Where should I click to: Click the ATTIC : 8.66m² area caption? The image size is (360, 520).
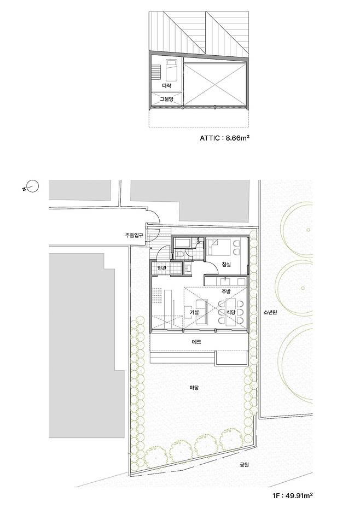click(224, 138)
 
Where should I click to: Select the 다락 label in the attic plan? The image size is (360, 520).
click(166, 86)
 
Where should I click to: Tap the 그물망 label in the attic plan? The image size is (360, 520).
click(166, 99)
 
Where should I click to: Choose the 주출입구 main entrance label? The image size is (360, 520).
click(134, 236)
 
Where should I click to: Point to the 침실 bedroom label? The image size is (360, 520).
click(227, 264)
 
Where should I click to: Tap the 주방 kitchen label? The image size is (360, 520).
click(225, 291)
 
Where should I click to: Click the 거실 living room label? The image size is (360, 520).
click(194, 312)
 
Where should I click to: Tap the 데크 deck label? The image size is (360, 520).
click(196, 342)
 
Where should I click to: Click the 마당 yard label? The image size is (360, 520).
click(194, 387)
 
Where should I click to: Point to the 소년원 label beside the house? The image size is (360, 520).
click(270, 312)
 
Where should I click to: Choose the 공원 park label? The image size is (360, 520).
click(244, 465)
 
